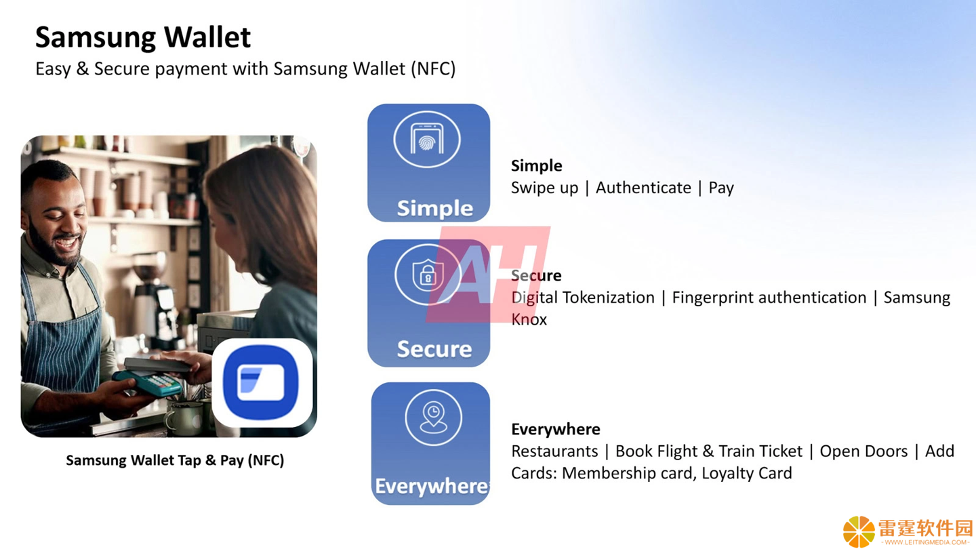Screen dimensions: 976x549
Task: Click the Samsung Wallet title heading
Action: pos(143,38)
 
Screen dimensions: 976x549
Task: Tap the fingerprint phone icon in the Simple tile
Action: pos(427,140)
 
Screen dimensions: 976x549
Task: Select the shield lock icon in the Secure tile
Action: pos(428,274)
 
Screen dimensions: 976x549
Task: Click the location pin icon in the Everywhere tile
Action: pos(433,418)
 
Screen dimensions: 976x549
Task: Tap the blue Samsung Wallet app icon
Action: pos(262,382)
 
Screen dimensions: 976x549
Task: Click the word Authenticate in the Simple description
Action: pos(643,188)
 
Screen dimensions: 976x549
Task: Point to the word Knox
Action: pos(529,320)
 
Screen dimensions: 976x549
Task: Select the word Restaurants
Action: pos(554,451)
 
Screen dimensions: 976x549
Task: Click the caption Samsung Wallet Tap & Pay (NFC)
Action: pos(175,461)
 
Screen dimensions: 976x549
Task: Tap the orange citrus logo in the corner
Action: pos(859,531)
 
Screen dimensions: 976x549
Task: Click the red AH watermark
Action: pos(488,274)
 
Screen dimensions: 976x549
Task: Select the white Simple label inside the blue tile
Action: pos(435,208)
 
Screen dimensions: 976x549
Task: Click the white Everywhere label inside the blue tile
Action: pos(431,487)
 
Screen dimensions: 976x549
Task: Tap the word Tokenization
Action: pos(608,298)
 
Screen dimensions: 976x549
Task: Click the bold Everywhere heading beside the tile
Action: pos(556,429)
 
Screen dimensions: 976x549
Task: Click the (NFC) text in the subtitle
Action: pos(433,69)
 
